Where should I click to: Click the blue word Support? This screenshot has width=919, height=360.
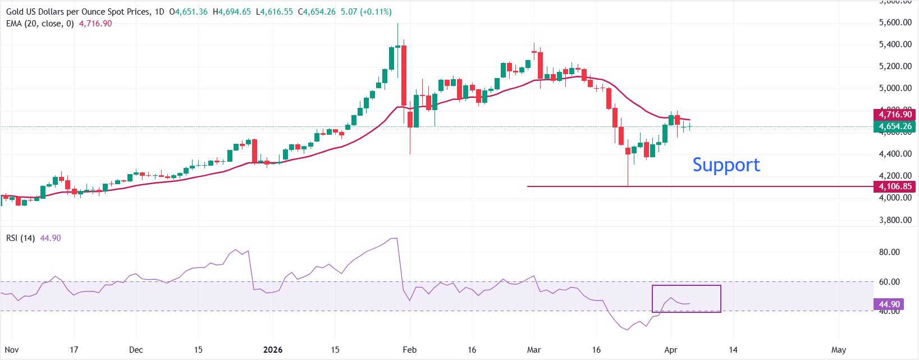(726, 165)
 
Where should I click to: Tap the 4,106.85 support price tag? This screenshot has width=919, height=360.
(895, 186)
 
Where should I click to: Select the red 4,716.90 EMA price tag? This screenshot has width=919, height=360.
(895, 115)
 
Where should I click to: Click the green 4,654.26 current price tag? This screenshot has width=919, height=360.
(895, 126)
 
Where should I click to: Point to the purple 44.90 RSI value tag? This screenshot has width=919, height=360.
(889, 304)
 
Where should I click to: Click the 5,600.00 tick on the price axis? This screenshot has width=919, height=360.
(895, 22)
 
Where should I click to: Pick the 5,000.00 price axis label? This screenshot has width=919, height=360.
(895, 88)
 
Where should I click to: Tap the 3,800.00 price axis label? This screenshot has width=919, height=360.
(895, 220)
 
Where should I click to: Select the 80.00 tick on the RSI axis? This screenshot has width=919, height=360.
(889, 252)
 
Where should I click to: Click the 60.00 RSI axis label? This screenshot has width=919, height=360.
(889, 282)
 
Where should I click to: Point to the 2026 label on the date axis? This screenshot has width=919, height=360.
(273, 350)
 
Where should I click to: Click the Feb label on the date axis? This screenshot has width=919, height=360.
(410, 350)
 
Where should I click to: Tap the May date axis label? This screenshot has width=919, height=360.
(839, 350)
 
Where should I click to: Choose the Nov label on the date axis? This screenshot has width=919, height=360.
(12, 350)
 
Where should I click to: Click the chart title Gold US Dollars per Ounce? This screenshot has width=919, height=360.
(79, 12)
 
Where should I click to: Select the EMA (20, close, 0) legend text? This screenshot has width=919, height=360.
(40, 24)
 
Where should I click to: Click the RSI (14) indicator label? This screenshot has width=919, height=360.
(20, 238)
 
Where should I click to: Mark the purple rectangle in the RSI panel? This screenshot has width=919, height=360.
(686, 298)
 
